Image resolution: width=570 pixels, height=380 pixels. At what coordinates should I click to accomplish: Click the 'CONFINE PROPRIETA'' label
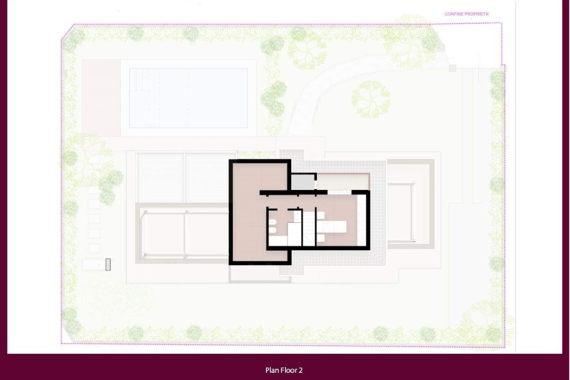coord(466,14)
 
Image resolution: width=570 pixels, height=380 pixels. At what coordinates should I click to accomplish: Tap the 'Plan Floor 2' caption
coord(284,370)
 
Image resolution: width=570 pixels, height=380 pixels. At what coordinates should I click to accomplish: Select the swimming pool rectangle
coord(188,98)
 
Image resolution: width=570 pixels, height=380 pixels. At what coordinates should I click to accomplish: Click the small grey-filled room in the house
coord(303,182)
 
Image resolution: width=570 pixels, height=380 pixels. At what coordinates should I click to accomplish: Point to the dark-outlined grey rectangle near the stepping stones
coord(108,265)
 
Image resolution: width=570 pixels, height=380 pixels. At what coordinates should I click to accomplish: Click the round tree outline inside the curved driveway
coord(371,100)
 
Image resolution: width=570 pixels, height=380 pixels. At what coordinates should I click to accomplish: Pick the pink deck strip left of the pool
coord(101,98)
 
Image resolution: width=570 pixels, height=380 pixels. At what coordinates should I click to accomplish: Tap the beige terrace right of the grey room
coord(343,182)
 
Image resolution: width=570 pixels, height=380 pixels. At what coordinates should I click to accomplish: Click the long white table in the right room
coord(332,227)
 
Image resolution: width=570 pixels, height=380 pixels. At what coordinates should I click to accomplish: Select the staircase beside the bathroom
coord(309,228)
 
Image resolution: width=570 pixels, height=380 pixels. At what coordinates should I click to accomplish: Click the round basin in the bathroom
coord(297,217)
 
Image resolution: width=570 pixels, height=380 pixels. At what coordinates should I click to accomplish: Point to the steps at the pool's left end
coord(140,79)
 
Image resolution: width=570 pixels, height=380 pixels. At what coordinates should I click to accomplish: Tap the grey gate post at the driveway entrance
coord(452,68)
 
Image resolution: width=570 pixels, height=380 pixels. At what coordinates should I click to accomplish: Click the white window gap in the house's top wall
coord(340,192)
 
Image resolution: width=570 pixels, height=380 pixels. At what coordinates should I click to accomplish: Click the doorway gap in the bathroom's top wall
coord(283,209)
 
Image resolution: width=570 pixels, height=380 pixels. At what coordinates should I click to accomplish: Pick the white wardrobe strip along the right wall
coord(361,220)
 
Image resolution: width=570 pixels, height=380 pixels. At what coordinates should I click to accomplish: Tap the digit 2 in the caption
coord(301,370)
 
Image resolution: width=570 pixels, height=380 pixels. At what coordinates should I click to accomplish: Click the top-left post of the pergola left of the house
coord(146,212)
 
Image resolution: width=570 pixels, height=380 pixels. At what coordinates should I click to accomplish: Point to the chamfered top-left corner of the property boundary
coord(67,32)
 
